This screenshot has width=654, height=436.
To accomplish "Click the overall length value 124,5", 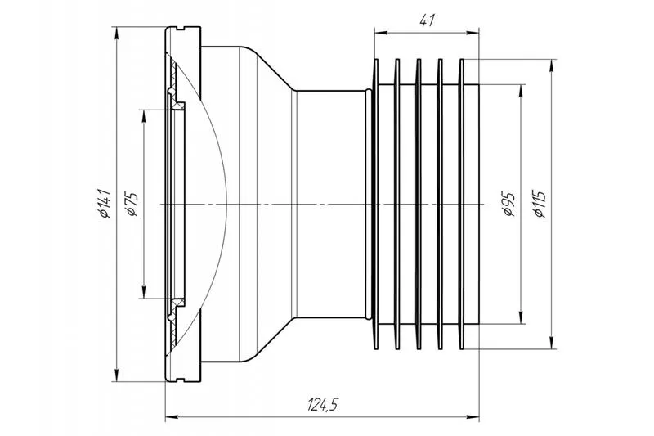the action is pyautogui.click(x=322, y=404).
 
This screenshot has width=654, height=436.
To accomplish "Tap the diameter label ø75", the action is pyautogui.click(x=132, y=204).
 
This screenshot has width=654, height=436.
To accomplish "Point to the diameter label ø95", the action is pyautogui.click(x=509, y=204).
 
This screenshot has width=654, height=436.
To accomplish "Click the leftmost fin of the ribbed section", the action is pyautogui.click(x=375, y=204).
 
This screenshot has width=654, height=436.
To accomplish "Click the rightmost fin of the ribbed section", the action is pyautogui.click(x=461, y=204).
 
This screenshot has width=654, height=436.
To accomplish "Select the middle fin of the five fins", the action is pyautogui.click(x=419, y=204).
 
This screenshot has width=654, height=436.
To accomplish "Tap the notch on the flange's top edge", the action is pyautogui.click(x=180, y=29).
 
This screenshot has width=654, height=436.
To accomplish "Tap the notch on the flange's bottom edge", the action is pyautogui.click(x=180, y=380).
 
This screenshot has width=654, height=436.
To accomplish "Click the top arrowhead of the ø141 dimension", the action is pyautogui.click(x=116, y=32).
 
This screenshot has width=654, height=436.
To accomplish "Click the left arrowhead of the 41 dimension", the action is pyautogui.click(x=380, y=33).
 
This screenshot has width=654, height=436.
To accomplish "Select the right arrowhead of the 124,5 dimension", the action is pyautogui.click(x=473, y=420).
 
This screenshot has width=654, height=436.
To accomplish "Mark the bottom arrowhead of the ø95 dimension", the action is pyautogui.click(x=522, y=317).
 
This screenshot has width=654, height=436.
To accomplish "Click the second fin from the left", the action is pyautogui.click(x=397, y=204).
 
